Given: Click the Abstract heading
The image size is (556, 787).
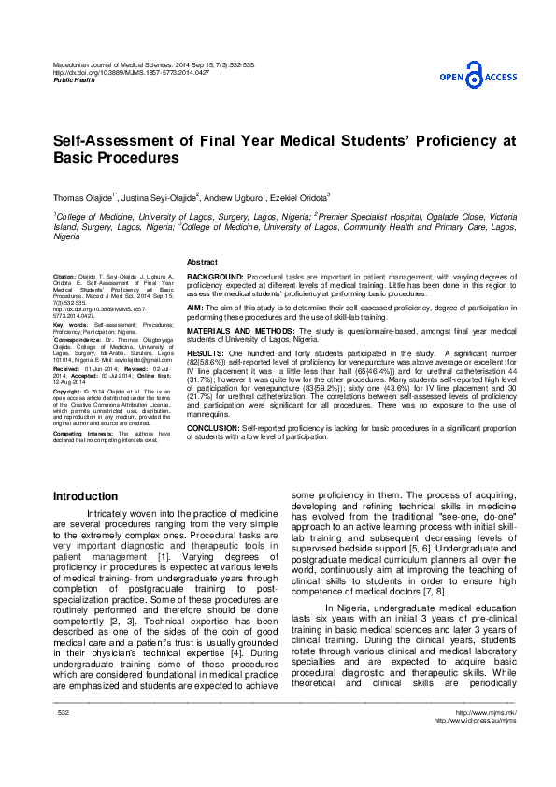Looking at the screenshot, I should tap(203, 261).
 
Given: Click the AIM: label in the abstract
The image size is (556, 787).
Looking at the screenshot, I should tap(195, 307).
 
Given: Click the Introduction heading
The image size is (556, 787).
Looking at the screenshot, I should tap(85, 495).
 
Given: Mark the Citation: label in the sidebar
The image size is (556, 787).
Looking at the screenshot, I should tap(65, 279).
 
